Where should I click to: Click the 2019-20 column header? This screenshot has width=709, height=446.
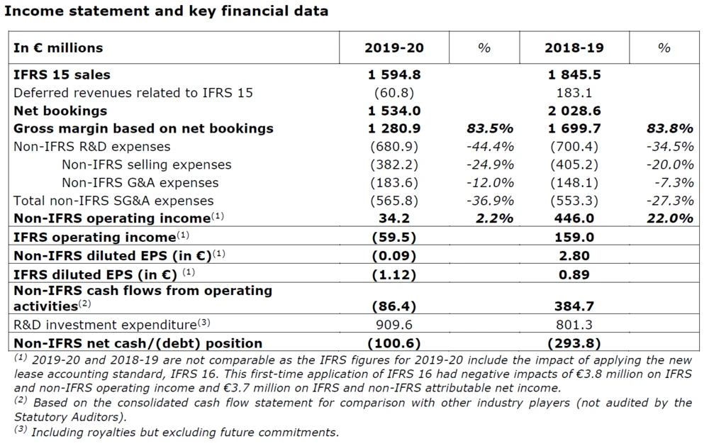point(394,48)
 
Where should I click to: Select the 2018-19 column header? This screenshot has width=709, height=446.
point(574,48)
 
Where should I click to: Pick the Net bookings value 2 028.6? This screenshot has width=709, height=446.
point(574,111)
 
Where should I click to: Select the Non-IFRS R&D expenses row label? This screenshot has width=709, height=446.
point(92,147)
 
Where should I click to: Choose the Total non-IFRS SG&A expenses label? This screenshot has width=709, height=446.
point(113,201)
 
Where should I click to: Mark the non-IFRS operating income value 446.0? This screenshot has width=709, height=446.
point(574,218)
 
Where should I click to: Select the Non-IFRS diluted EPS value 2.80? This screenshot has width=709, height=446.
point(574,255)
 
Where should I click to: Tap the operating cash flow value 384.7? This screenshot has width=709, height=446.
point(574,306)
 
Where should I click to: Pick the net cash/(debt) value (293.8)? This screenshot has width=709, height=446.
point(574,343)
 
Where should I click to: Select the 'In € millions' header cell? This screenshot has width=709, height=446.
point(58,48)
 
